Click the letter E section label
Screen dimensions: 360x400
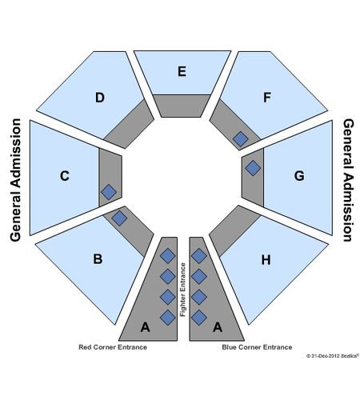(182, 71)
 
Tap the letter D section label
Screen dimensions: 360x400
(100, 98)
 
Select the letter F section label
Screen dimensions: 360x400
(267, 98)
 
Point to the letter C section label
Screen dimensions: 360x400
(65, 176)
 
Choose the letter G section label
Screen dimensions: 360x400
(299, 176)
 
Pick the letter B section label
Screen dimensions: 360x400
(98, 259)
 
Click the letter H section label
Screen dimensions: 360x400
(266, 259)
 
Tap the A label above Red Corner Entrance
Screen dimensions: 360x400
(146, 327)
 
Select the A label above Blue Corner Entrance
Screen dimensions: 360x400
(218, 327)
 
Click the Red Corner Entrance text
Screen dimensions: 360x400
(113, 347)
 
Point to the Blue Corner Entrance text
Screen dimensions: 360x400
(257, 347)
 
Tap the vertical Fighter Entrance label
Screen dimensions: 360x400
(183, 290)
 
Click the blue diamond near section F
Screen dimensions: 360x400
(241, 139)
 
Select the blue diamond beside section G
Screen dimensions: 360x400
(253, 168)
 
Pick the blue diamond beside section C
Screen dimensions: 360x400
(109, 192)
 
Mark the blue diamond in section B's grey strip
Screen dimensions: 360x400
(119, 218)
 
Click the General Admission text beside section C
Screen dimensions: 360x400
(15, 180)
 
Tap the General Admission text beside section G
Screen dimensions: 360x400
(348, 180)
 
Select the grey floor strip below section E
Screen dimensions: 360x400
(182, 106)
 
